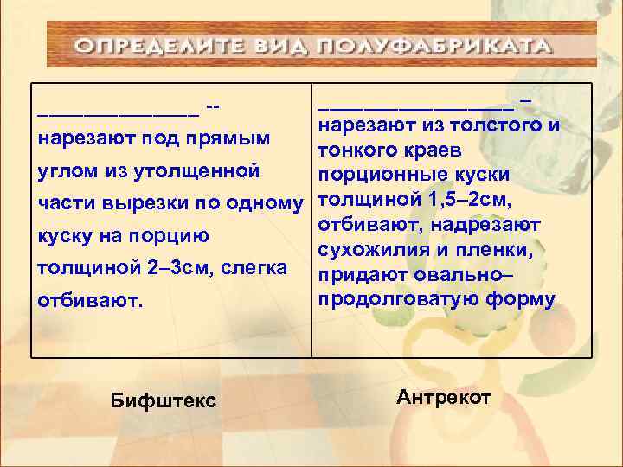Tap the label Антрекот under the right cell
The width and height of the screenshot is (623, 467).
point(444,397)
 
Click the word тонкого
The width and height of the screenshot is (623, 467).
point(356,151)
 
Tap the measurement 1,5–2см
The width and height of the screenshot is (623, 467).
point(466,201)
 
